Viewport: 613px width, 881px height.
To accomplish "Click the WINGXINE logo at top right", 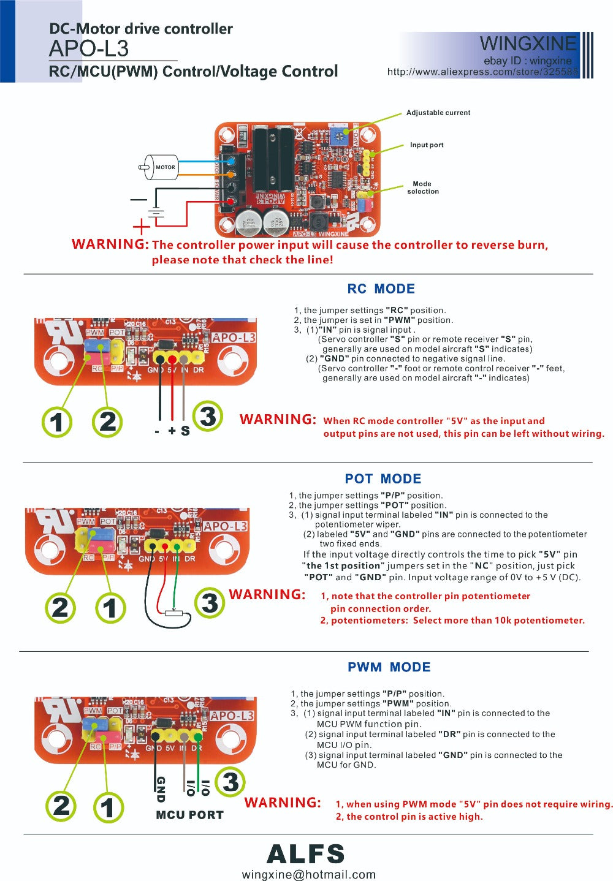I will point(528,43).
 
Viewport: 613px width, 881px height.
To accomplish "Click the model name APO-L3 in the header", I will point(89,48).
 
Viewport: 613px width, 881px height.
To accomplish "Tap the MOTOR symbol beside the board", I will point(161,167).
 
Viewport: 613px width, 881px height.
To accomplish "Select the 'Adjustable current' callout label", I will point(438,113).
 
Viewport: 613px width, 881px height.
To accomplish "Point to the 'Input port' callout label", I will point(427,145).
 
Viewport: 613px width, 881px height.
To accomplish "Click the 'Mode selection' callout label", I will point(423,187).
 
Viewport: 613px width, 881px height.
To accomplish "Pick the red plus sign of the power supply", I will point(141,227).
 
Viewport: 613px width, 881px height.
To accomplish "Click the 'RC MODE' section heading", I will point(381,289).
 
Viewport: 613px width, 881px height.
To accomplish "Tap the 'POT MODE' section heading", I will point(383,478).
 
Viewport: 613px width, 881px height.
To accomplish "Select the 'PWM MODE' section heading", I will point(389,667).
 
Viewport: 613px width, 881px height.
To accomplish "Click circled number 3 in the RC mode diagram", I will point(208,417).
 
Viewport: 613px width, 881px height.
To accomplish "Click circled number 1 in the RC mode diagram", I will point(57,422).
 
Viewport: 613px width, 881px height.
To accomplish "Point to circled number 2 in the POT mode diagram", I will point(61,607).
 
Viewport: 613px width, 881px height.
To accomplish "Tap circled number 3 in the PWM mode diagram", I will point(230,782).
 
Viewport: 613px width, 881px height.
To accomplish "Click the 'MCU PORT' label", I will point(189,815).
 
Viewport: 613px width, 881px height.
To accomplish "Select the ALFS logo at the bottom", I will point(306,854).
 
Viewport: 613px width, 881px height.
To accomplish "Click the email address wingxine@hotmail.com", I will point(309,874).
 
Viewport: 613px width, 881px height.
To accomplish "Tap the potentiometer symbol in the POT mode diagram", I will point(174,612).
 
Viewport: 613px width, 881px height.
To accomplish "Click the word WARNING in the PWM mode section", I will point(283,803).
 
